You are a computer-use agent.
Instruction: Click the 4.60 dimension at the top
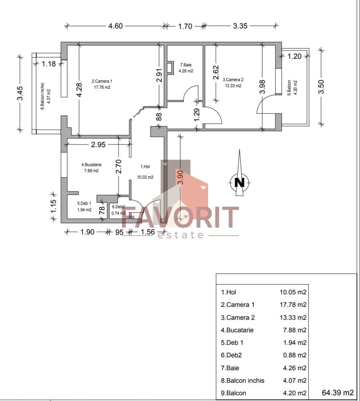tap(116, 26)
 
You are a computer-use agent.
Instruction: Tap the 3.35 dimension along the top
tap(240, 26)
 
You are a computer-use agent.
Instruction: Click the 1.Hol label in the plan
tap(145, 166)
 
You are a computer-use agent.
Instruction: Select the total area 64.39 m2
tap(338, 392)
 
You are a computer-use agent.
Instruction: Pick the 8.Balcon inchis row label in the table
tap(242, 380)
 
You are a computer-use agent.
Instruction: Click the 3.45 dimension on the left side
tap(20, 93)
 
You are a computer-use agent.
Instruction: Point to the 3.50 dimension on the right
tap(321, 87)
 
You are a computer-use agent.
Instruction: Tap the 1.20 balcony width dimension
tap(294, 56)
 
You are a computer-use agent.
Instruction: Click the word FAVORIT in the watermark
tap(180, 217)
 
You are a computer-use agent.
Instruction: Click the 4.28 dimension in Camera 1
tap(79, 90)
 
